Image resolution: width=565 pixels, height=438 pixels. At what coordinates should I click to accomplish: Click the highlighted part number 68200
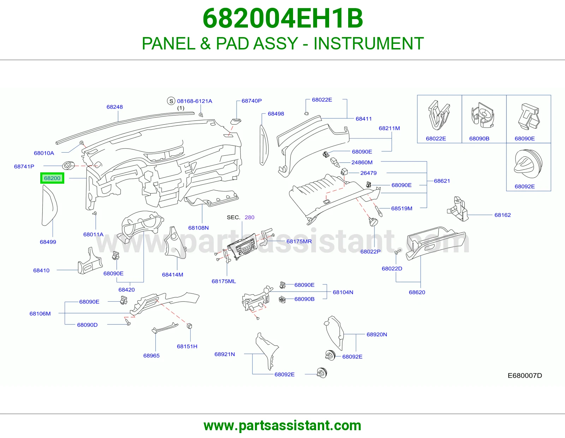point(52,178)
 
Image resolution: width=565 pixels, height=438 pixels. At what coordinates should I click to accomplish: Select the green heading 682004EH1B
point(282,18)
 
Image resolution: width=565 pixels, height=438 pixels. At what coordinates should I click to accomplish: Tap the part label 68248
point(115,107)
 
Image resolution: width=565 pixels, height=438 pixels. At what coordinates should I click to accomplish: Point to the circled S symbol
point(171,101)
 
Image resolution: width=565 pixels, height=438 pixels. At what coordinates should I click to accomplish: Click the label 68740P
point(251,101)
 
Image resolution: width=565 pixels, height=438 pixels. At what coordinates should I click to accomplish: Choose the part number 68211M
point(389,128)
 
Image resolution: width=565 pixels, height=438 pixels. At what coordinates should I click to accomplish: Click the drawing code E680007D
point(525,375)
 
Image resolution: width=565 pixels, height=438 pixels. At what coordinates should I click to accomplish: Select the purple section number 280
point(249,218)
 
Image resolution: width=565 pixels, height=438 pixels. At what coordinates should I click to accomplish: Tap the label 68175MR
point(299,241)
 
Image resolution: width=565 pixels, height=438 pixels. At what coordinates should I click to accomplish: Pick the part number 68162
point(502,215)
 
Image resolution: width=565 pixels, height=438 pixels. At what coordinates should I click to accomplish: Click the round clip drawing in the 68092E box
point(528,164)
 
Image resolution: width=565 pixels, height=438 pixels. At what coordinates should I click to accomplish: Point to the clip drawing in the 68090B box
point(483,115)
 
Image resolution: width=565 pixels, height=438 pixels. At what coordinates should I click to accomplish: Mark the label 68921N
point(225,354)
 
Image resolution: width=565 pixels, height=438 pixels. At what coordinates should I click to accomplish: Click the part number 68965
point(151,356)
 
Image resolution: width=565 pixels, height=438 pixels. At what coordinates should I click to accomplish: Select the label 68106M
point(40,314)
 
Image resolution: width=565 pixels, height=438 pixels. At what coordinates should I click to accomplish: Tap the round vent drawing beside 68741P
point(69,165)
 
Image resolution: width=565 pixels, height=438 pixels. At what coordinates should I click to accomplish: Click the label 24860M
point(362,162)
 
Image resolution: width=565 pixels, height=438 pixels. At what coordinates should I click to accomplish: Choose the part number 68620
point(417,292)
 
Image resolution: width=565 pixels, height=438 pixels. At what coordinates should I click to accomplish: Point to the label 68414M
point(173,275)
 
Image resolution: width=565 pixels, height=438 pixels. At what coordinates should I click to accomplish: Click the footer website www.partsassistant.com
point(282,426)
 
